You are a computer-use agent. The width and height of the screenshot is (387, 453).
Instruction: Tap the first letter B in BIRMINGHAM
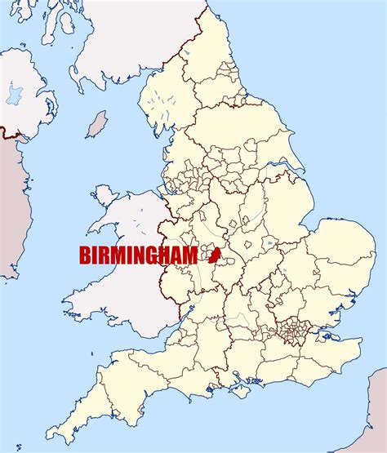[85, 255]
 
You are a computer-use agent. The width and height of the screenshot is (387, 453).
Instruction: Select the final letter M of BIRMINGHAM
[189, 255]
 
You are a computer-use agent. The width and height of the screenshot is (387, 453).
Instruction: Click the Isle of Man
[98, 125]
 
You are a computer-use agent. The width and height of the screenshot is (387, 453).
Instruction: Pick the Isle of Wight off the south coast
[239, 382]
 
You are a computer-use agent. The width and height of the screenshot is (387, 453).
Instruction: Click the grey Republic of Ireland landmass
[8, 204]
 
